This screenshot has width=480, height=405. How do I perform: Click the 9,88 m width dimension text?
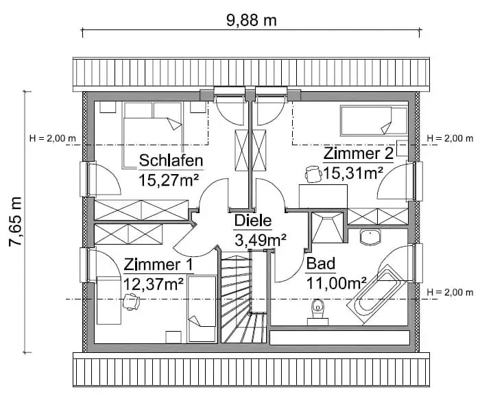252,21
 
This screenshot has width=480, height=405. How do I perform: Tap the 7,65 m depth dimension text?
15,222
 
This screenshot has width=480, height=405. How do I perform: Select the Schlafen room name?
171,160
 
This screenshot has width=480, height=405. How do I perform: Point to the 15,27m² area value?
169,180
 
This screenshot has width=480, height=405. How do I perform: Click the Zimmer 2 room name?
358,154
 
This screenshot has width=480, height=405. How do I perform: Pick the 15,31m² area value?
353,173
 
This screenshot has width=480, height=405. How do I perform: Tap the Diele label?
253,221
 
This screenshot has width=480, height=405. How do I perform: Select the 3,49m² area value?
261,240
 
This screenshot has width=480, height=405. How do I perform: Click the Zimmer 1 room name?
158,265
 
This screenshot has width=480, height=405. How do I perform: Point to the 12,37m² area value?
154,284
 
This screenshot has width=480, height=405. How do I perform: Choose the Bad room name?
321,264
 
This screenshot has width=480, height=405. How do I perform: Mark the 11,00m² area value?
337,283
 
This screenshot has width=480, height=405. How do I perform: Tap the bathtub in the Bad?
376,294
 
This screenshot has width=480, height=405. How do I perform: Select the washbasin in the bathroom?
370,236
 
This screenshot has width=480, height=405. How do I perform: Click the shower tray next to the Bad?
327,228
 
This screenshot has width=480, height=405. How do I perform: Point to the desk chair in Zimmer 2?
313,174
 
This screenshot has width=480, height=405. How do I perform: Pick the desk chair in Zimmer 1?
131,302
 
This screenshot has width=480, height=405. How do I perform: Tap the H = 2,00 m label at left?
52,138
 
